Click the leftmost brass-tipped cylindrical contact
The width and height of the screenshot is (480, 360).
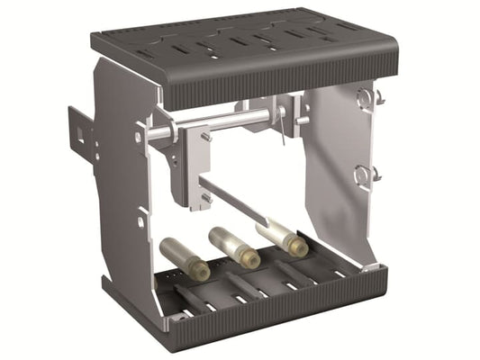pos(185,258)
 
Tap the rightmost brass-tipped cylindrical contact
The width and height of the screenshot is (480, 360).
pos(284,237)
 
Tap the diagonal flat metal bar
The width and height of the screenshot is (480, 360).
pos(234,203)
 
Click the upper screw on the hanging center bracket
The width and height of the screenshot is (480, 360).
pos(206,137)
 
